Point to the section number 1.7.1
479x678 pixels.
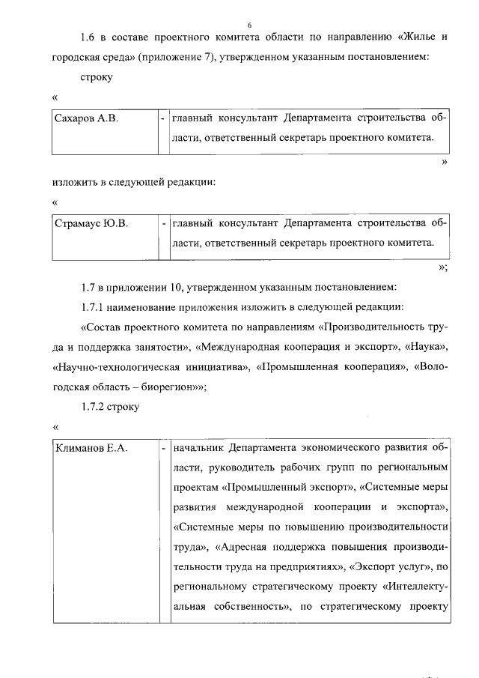94,308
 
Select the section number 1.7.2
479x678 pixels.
94,406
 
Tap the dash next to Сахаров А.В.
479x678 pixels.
163,118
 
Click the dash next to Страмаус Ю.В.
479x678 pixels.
163,223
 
